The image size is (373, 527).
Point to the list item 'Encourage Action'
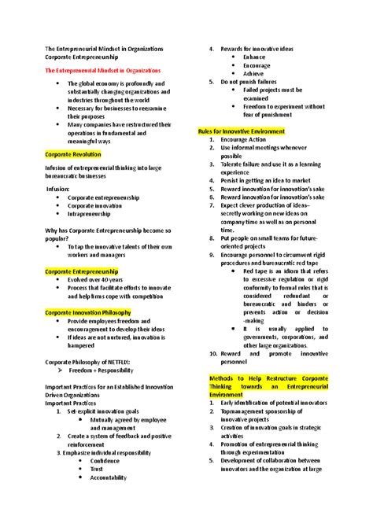tap(249, 139)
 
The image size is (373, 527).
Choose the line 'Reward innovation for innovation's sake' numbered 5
tap(271, 188)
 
